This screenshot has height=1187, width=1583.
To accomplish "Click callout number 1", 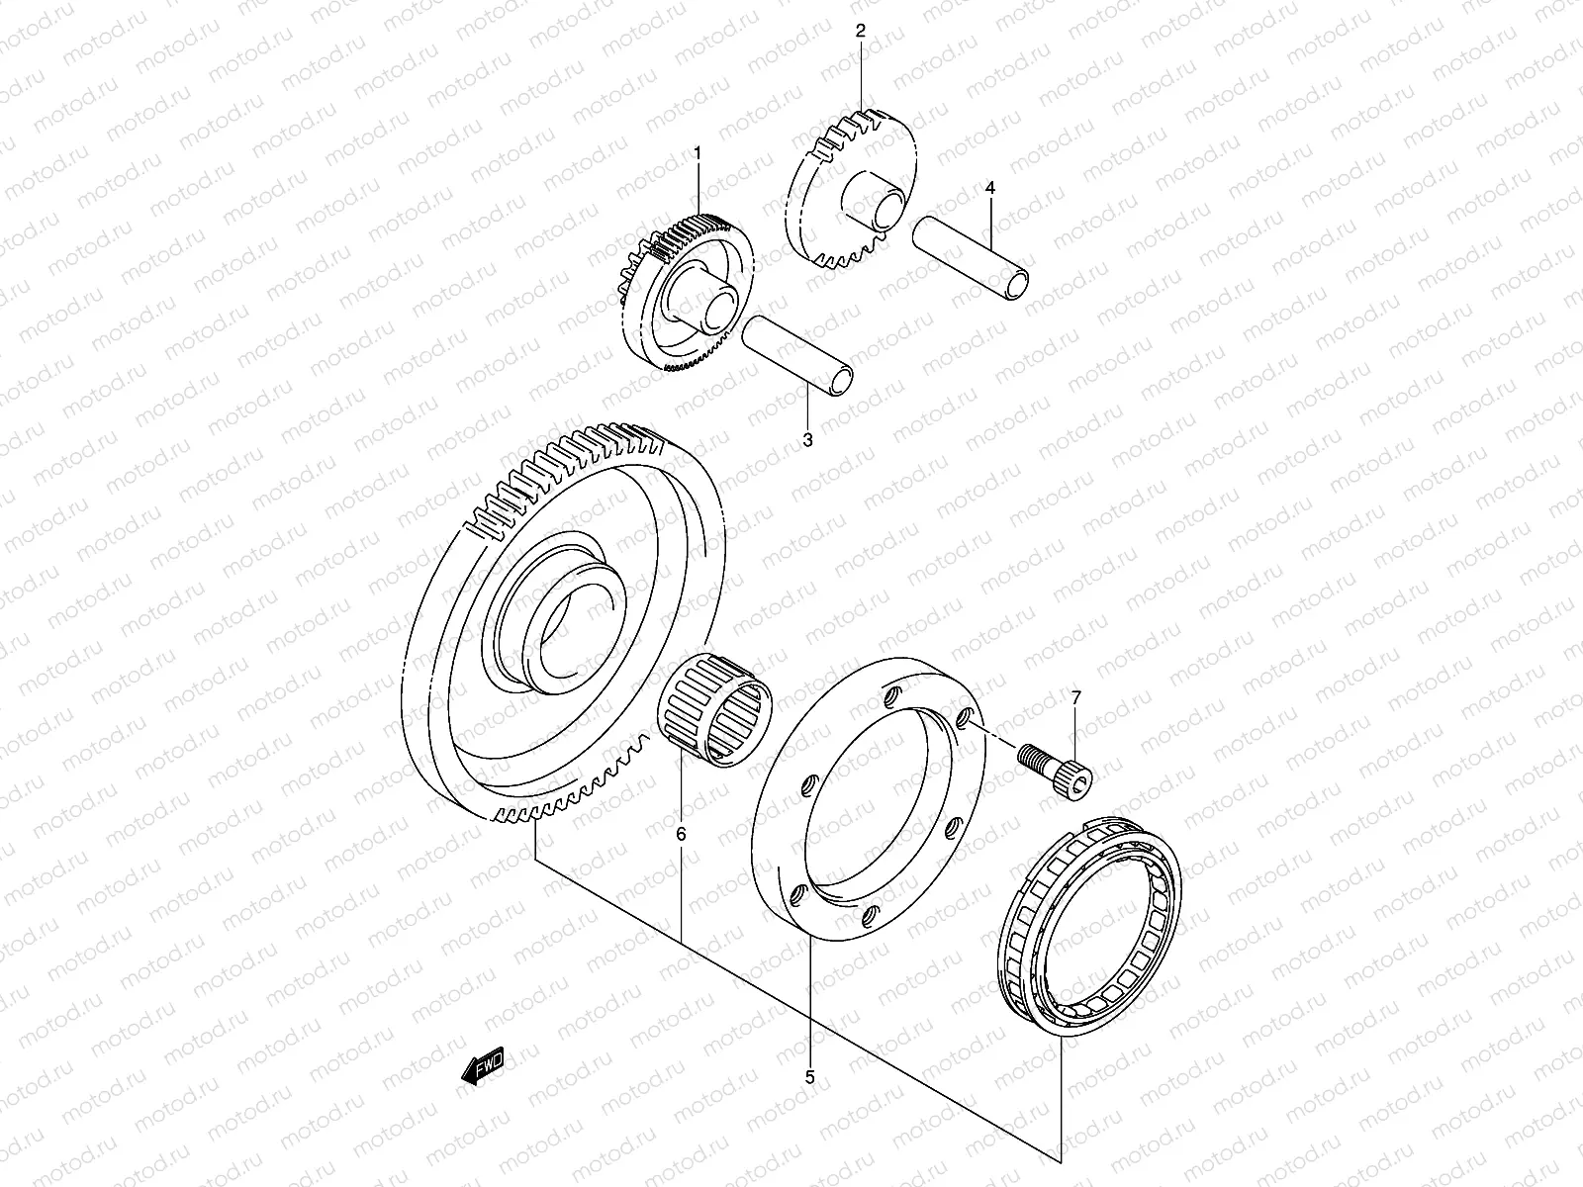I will pos(698,153).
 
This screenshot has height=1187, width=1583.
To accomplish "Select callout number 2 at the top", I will pos(860,31).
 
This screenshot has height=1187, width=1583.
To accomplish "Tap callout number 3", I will pos(807,439).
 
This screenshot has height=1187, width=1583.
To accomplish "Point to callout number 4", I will pos(990,187).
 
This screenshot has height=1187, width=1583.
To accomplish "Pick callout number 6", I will pos(681,834).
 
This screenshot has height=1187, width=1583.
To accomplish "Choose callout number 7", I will pos(1076,697).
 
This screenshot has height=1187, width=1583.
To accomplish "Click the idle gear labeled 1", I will pos(683,292).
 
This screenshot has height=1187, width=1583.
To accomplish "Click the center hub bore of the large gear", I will pos(574,633).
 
